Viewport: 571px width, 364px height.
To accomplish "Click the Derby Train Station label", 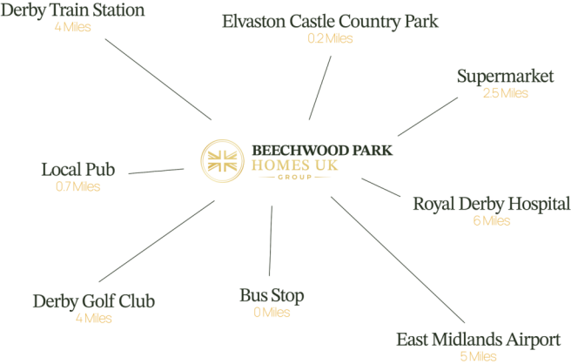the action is [72, 10].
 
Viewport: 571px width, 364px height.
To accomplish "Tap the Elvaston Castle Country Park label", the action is [330, 22].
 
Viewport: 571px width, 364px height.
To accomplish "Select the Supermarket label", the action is [506, 77].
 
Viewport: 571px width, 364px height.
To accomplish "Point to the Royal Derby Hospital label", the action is [492, 204].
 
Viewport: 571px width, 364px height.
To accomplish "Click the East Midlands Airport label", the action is [478, 340].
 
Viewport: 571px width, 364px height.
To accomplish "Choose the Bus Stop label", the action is [272, 295].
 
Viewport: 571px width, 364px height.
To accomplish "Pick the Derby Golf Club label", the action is [94, 301].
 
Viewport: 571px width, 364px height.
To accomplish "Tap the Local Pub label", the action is [78, 170].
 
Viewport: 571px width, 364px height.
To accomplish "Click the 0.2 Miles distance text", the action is [330, 38].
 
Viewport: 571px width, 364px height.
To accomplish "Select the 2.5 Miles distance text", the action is [506, 93].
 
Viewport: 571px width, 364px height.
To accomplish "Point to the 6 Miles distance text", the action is [492, 221].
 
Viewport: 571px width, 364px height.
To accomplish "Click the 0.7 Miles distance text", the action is [78, 186].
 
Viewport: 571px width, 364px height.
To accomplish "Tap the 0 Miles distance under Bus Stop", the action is [272, 313].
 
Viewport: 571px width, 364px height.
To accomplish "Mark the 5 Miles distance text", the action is [478, 356].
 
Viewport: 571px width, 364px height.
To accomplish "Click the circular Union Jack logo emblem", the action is [223, 161].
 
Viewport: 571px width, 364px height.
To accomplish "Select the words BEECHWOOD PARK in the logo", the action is [322, 151].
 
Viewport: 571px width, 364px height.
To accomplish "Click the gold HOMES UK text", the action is [294, 165].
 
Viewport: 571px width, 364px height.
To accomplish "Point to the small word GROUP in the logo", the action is [295, 177].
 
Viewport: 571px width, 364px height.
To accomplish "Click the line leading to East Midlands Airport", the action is [398, 260].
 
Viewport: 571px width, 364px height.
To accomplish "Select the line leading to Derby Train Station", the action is [158, 79].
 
